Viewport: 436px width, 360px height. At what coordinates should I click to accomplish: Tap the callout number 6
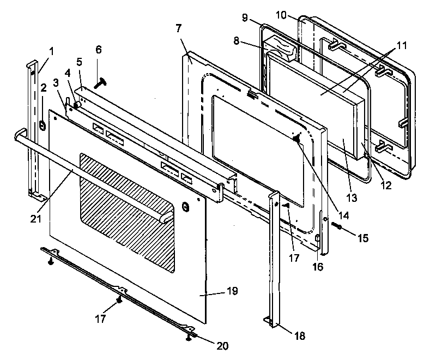(x=98, y=49)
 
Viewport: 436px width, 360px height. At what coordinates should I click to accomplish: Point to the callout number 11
(x=401, y=46)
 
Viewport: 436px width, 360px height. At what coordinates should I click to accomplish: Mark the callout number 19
(x=232, y=291)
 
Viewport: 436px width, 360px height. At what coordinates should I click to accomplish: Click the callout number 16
(x=318, y=267)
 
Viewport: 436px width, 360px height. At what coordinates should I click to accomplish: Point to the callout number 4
(x=67, y=72)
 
